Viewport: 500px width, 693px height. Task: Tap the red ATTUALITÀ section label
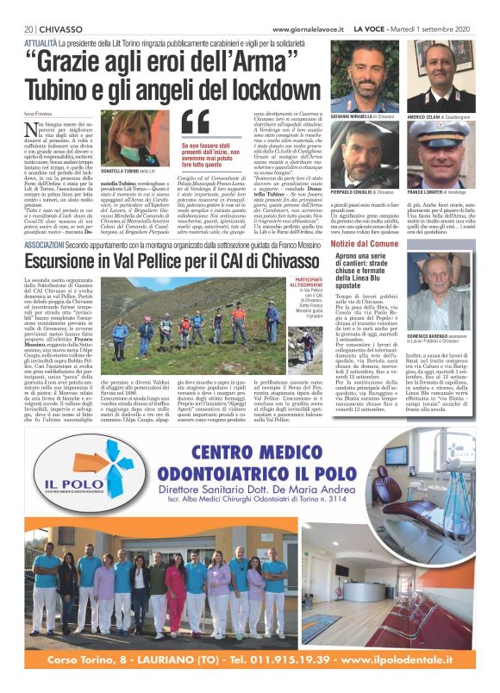coord(41,41)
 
